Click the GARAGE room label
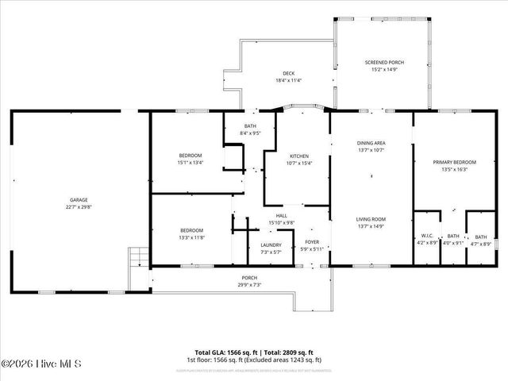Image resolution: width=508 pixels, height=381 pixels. pyautogui.click(x=78, y=200)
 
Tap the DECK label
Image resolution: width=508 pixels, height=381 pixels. pyautogui.click(x=266, y=74)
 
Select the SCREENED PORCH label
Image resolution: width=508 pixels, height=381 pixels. pyautogui.click(x=384, y=62)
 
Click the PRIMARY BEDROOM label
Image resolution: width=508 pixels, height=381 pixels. pyautogui.click(x=450, y=162)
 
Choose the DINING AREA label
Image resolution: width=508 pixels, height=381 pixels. pyautogui.click(x=371, y=143)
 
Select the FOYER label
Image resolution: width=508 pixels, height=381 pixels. pyautogui.click(x=313, y=242)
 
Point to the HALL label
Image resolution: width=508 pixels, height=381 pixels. pyautogui.click(x=281, y=215)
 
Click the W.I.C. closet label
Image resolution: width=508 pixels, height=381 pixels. pyautogui.click(x=427, y=236)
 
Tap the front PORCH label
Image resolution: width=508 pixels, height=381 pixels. pyautogui.click(x=249, y=279)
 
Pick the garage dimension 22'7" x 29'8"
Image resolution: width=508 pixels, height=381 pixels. pyautogui.click(x=78, y=207)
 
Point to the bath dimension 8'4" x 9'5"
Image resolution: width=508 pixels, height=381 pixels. pyautogui.click(x=250, y=133)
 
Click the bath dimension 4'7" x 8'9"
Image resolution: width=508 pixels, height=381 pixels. pyautogui.click(x=481, y=243)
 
